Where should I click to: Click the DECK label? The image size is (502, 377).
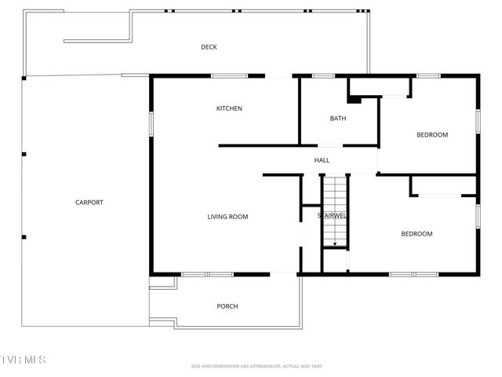click(x=209, y=47)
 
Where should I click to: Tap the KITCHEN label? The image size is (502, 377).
click(x=229, y=108)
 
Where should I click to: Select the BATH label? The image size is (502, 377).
click(x=338, y=119)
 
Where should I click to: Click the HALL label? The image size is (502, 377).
click(x=322, y=160)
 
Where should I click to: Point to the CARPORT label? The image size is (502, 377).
click(x=89, y=203)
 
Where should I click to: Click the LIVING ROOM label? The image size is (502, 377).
click(x=227, y=217)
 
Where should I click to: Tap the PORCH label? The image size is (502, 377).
click(x=227, y=306)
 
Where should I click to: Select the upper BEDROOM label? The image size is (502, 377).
click(x=431, y=135)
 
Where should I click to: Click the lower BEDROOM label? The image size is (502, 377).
click(x=417, y=234)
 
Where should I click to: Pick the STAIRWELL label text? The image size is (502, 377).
click(x=332, y=215)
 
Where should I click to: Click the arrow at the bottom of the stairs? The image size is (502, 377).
click(x=335, y=245)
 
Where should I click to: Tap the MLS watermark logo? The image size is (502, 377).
click(x=24, y=360)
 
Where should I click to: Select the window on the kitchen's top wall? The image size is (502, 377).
click(x=230, y=76)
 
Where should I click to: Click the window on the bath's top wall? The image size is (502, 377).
click(x=324, y=76)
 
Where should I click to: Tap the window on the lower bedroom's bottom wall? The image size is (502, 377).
click(x=413, y=274)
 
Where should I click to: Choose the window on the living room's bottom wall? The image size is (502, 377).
click(x=207, y=274)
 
